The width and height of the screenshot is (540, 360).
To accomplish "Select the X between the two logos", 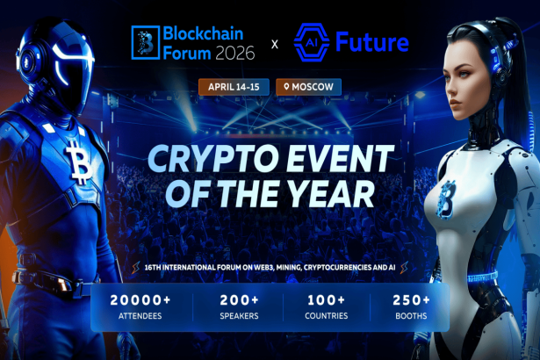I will [274, 42].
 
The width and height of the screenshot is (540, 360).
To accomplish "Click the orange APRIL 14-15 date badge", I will [234, 88].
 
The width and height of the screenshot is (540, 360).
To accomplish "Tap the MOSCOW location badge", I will [308, 88].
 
